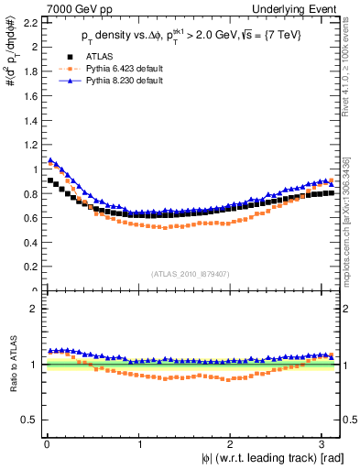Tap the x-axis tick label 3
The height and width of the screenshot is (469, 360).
point(325,445)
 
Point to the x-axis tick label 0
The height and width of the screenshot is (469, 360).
point(46,445)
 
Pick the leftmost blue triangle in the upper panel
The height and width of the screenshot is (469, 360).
point(50,160)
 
